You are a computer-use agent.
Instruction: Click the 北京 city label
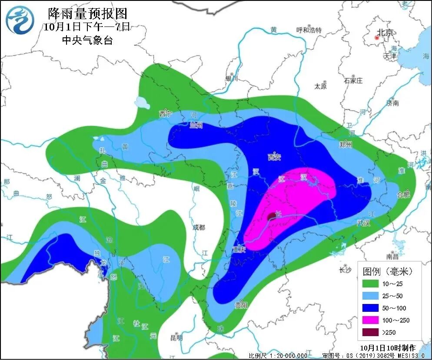point(385,33)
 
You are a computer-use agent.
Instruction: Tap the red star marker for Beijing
point(376,38)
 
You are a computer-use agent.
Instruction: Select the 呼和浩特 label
point(309,30)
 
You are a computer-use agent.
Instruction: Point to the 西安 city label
point(274,157)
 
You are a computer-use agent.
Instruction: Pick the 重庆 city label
point(239,250)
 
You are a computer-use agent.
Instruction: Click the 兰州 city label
point(196,126)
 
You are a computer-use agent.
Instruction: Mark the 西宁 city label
point(165,114)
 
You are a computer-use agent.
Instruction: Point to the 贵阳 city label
point(241,305)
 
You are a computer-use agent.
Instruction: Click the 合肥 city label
point(403,195)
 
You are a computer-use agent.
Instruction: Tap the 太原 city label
point(320,86)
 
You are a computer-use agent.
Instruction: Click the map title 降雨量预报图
point(88,13)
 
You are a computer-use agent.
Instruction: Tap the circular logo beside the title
point(20,20)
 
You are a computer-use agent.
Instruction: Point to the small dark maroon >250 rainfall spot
point(271,215)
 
